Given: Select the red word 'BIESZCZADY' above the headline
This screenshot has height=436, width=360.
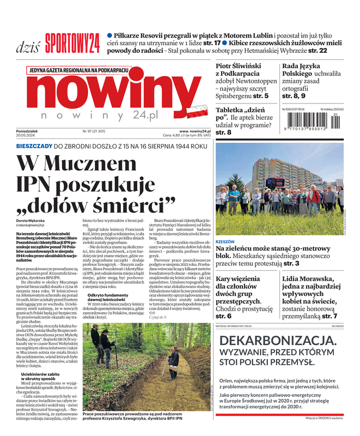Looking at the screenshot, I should pyautogui.click(x=34, y=146).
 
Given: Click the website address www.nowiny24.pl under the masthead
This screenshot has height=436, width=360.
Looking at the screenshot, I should pyautogui.click(x=194, y=131).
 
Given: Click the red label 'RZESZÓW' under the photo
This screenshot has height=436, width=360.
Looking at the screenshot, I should pyautogui.click(x=225, y=241).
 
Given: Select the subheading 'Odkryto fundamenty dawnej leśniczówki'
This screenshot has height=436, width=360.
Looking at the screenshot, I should pyautogui.click(x=108, y=298).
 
